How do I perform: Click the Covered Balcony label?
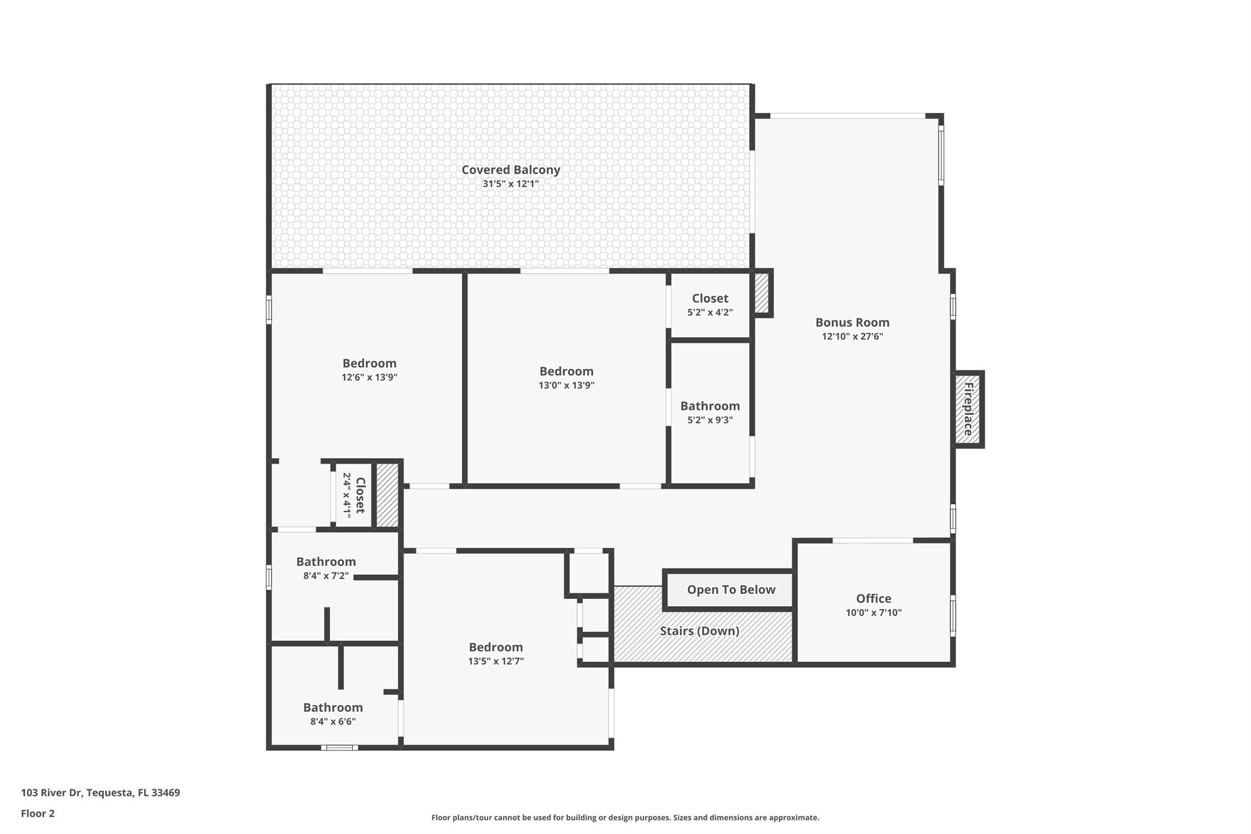coord(511,170)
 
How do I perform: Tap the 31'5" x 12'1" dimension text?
coord(511,184)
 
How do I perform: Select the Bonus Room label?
coord(852,323)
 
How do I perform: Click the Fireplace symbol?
coord(968,409)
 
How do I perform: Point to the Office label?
coord(874,599)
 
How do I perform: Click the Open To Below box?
coord(731,590)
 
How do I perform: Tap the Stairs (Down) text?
coord(699,631)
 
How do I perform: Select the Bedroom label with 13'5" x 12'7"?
coord(495,647)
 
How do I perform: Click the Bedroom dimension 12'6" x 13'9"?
coord(369,378)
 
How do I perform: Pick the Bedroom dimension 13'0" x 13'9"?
coord(566,386)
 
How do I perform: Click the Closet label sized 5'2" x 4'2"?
coord(710,299)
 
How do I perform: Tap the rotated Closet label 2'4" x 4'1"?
coord(360,494)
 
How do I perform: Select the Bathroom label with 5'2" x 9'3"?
coord(710,406)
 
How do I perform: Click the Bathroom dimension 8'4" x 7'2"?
coord(326,576)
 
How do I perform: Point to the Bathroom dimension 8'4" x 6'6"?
coord(333,722)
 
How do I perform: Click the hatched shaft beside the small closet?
coord(387,494)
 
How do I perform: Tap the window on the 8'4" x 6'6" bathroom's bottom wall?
coord(340,747)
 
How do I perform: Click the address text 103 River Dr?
coord(100,793)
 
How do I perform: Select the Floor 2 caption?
coord(38,813)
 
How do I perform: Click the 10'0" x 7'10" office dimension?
coord(874,613)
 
